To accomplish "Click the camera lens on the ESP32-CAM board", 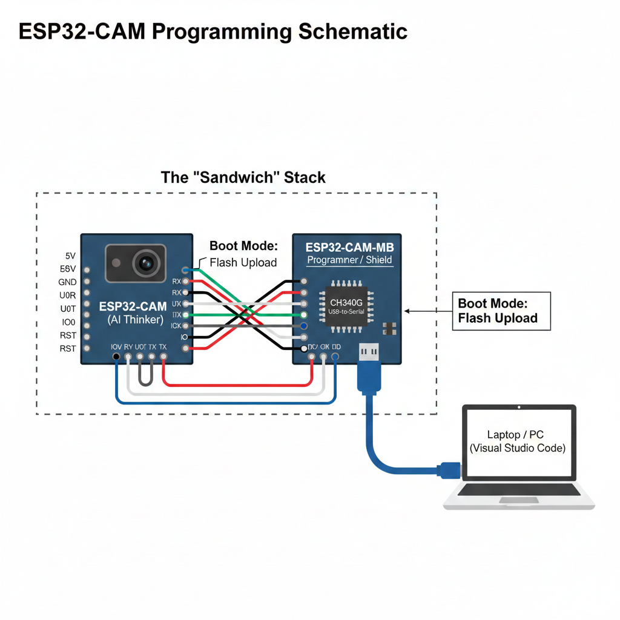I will (145, 263).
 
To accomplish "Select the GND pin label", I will (67, 282).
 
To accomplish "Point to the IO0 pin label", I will (67, 322).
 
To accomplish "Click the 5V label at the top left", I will (70, 256).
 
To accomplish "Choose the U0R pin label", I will (67, 295).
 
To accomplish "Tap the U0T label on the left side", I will (67, 309).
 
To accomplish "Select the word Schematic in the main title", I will (352, 31).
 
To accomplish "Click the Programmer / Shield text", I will (349, 260).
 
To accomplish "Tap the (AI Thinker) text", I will (135, 319).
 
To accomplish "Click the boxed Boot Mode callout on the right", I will (501, 311).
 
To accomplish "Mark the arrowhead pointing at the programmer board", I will (407, 311).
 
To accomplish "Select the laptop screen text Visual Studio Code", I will (518, 448).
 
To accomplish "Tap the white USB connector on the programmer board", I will (369, 351).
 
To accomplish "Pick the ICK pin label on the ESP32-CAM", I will (176, 326).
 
